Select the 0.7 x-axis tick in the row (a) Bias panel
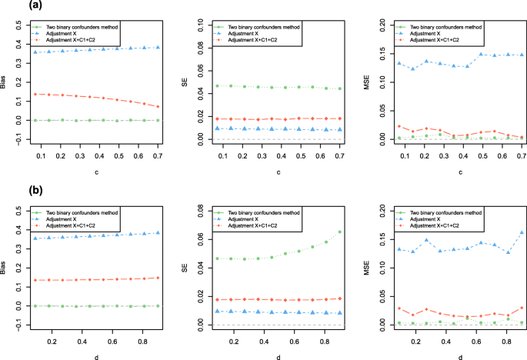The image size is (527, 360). click(x=158, y=155)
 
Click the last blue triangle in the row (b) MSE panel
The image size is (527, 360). click(x=522, y=232)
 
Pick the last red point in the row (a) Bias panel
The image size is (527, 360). click(x=158, y=107)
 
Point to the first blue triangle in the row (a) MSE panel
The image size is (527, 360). click(x=398, y=63)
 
